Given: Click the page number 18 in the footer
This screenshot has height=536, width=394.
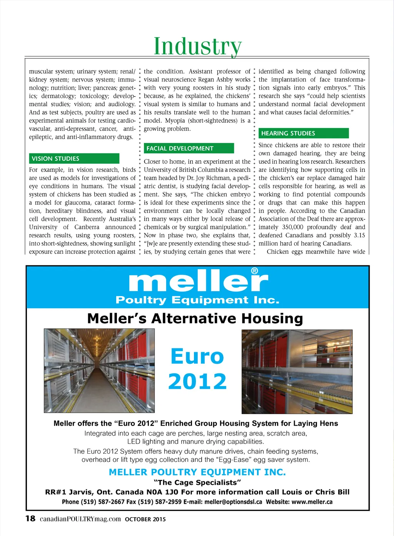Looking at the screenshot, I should pos(30,519).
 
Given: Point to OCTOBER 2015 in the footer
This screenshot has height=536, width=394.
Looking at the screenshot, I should pos(145,519).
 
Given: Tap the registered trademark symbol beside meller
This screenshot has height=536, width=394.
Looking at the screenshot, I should pos(254,271).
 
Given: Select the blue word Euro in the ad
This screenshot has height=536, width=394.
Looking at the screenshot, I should pos(197,356).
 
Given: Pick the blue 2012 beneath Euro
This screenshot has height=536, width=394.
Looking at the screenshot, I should pos(197,381).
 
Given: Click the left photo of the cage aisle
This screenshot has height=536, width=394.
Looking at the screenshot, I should pos(99,371).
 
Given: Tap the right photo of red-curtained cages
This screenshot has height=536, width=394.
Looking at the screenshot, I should pos(297,371).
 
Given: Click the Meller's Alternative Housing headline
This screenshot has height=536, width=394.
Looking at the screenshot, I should pos(195,319).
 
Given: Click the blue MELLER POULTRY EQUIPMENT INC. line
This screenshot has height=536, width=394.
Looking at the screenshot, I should pos(197,472).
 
